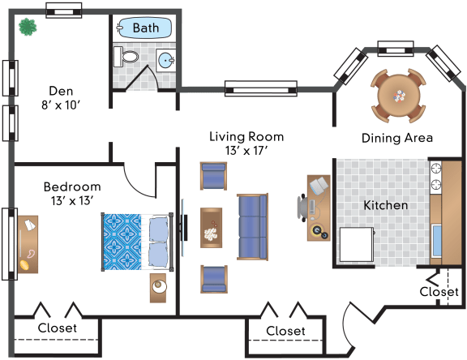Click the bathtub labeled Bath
[x=145, y=28]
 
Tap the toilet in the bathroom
[x=126, y=57]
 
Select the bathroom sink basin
[x=166, y=61]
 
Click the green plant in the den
[x=28, y=27]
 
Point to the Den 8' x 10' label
[x=61, y=97]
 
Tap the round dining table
[x=399, y=96]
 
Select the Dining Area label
[x=397, y=138]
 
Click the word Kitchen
[x=386, y=205]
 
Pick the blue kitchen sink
[x=437, y=241]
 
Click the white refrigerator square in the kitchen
[x=357, y=245]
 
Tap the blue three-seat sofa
[x=253, y=227]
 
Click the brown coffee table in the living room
[x=211, y=228]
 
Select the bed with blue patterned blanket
[x=137, y=242]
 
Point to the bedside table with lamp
[x=158, y=288]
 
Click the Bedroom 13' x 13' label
[x=72, y=194]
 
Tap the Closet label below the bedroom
[x=58, y=328]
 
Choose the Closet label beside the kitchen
[x=439, y=292]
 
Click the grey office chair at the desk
[x=302, y=208]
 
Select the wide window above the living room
[x=261, y=88]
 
